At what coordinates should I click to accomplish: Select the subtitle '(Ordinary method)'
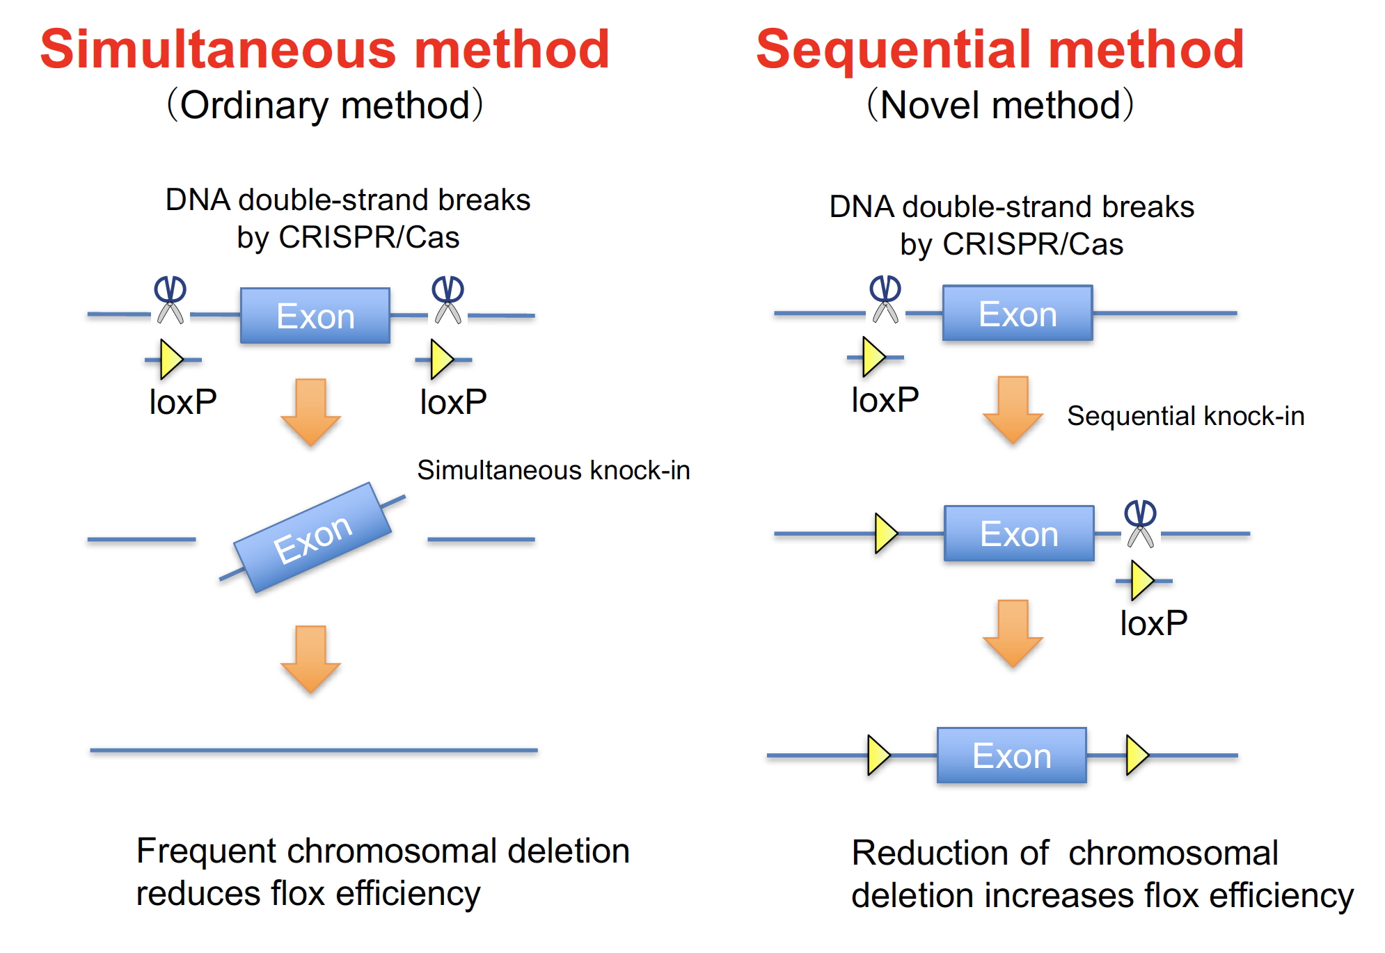click(x=325, y=105)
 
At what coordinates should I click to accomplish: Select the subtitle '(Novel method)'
click(x=1000, y=105)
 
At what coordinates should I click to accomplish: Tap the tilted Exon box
click(x=312, y=538)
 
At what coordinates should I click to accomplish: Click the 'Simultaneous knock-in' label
click(x=553, y=470)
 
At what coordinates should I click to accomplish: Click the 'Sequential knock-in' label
click(x=1185, y=416)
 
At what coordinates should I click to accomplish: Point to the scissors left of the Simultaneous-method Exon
click(x=171, y=300)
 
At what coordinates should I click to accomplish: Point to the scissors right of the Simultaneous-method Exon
click(x=448, y=300)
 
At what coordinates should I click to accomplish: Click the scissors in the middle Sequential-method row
click(x=1140, y=523)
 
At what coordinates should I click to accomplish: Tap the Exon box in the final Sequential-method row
click(x=1012, y=755)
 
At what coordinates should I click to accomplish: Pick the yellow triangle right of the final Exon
click(x=1137, y=755)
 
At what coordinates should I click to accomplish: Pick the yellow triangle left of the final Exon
click(x=879, y=755)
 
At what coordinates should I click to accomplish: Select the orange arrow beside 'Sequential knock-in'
click(x=1013, y=410)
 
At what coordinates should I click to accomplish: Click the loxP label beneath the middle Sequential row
click(x=1153, y=623)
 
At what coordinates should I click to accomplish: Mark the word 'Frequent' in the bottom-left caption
click(x=207, y=851)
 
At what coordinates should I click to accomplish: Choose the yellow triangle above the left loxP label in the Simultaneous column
click(x=171, y=359)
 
